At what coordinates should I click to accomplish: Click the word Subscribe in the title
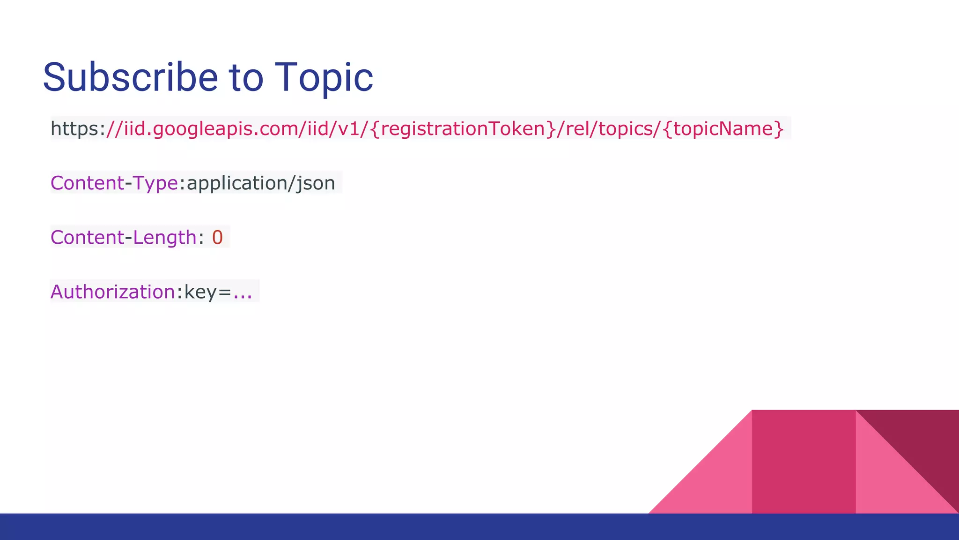[130, 77]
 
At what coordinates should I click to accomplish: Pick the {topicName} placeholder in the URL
[723, 128]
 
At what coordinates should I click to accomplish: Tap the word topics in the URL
[626, 128]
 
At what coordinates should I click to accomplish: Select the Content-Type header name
[114, 183]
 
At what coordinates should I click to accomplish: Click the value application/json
[261, 183]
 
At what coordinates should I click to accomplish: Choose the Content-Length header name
[123, 237]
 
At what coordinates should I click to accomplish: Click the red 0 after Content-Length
[217, 237]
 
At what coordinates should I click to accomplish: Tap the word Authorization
[112, 292]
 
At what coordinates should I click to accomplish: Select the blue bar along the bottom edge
[479, 527]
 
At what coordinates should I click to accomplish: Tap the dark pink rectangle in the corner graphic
[804, 462]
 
